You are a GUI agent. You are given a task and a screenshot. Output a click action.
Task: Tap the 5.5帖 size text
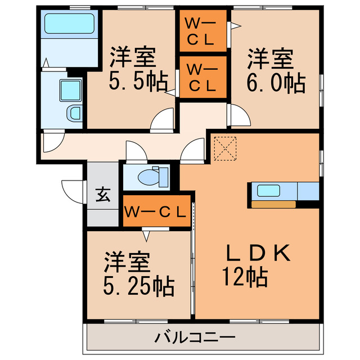[138, 83]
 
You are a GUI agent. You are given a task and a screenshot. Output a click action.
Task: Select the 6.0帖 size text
[276, 83]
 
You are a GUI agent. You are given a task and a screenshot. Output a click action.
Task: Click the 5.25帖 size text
[138, 287]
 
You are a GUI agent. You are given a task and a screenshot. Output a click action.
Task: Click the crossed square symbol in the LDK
[225, 147]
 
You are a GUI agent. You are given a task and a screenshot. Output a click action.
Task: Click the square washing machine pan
[70, 89]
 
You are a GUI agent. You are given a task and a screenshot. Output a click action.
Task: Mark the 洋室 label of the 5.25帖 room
[126, 262]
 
